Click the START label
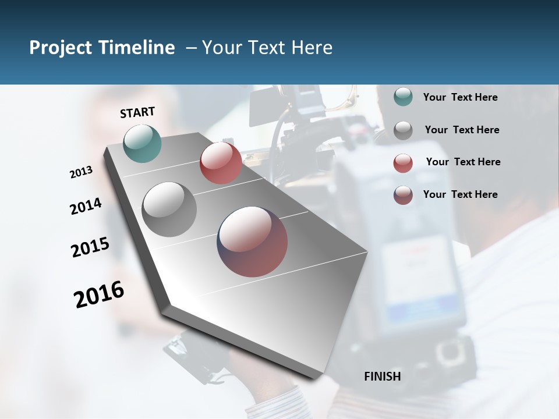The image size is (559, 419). [x=137, y=112]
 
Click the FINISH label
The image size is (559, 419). [x=383, y=377]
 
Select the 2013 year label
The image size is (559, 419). [x=82, y=172]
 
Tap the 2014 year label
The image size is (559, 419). [x=86, y=206]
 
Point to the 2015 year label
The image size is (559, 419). [x=90, y=247]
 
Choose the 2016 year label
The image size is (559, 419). [x=99, y=294]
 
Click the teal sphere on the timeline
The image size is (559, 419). [x=143, y=143]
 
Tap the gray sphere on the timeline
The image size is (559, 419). [x=169, y=209]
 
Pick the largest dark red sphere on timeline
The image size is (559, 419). [x=253, y=242]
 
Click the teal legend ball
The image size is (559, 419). [x=403, y=97]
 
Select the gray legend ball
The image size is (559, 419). [x=403, y=130]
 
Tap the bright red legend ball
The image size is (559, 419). [x=403, y=162]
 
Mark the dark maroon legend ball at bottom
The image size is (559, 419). [x=403, y=195]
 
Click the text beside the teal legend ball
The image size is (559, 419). [x=460, y=97]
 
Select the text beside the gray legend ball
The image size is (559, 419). [x=462, y=130]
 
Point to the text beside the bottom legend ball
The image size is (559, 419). [x=460, y=194]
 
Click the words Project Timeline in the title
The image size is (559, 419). [x=102, y=48]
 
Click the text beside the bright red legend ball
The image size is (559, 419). [x=463, y=162]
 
